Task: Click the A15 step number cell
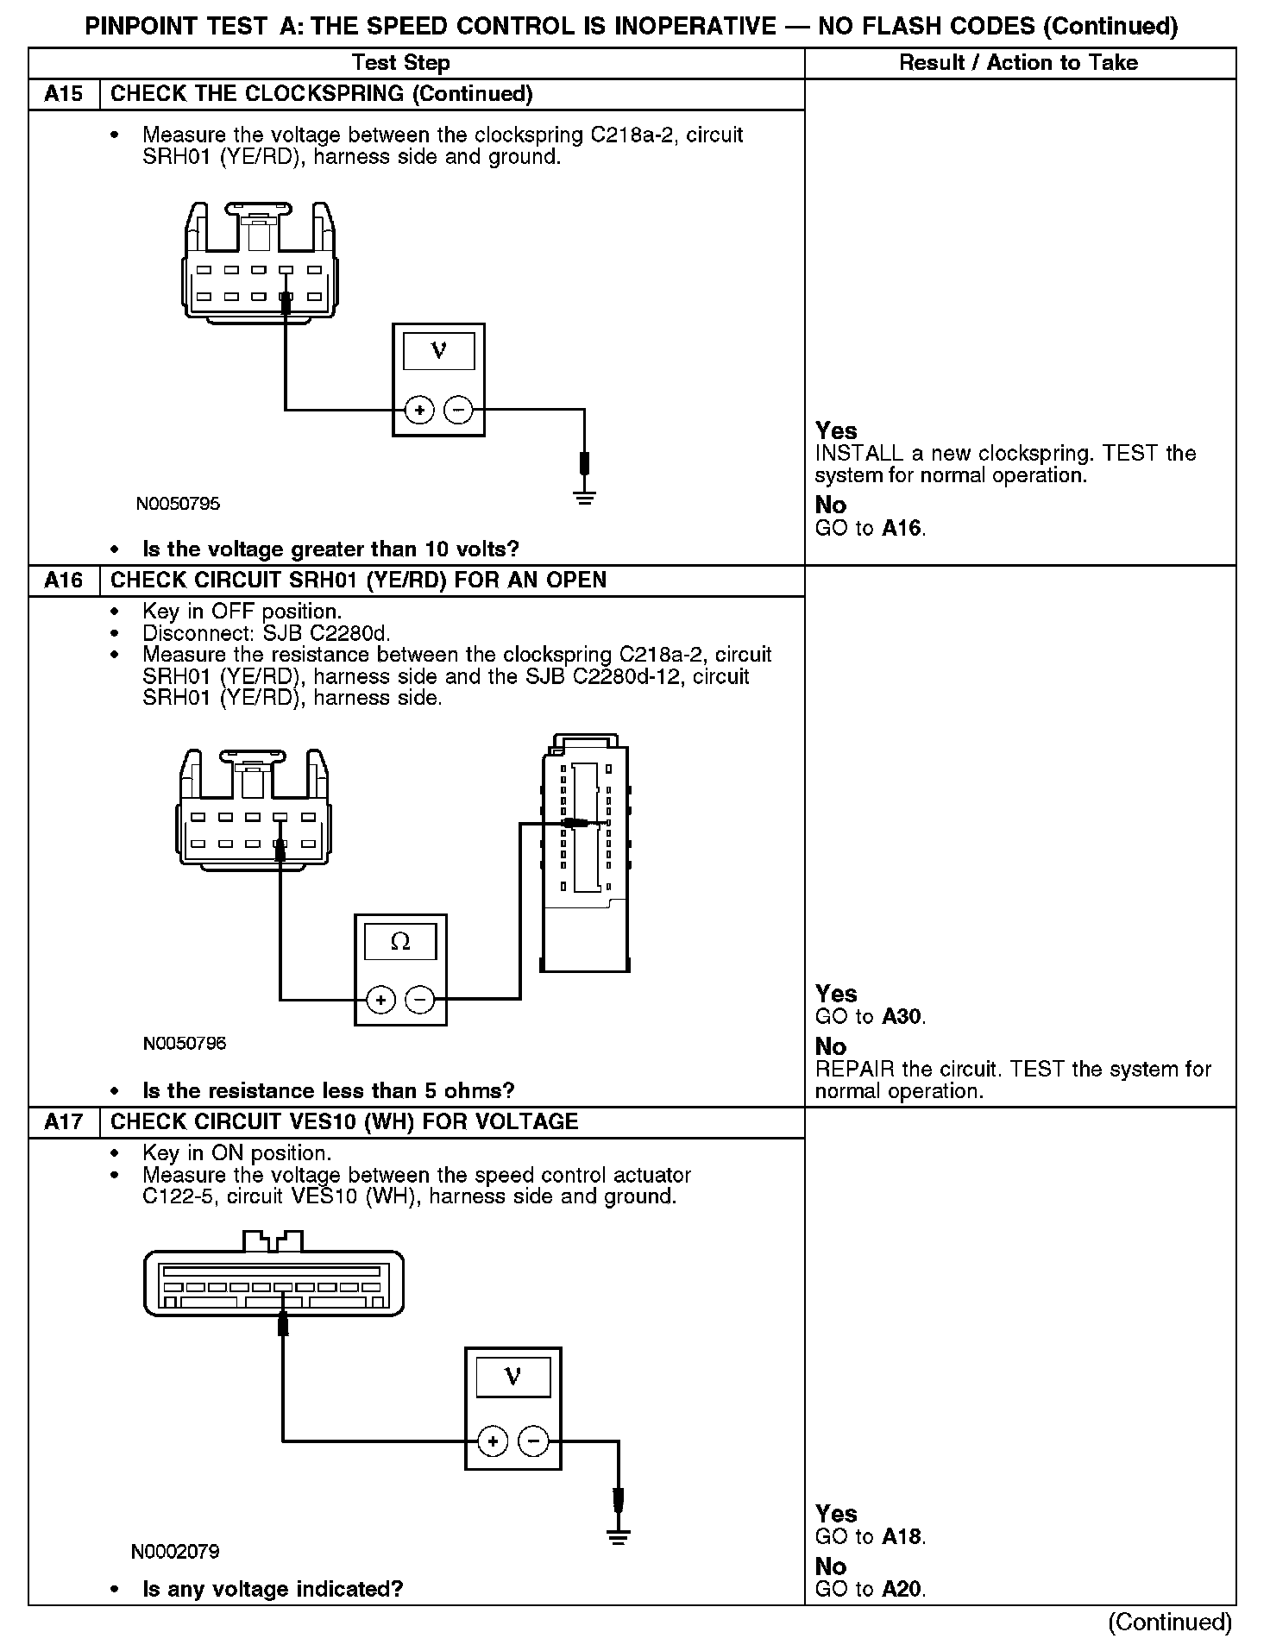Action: tap(64, 94)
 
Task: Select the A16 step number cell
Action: tap(64, 580)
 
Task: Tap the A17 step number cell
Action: tap(64, 1121)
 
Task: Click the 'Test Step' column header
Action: tap(400, 63)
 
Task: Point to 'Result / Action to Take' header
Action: tap(1018, 63)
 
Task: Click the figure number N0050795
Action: tap(178, 504)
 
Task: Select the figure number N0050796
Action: tap(185, 1044)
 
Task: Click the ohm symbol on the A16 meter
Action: tap(400, 942)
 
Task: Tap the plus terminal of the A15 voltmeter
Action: tap(419, 411)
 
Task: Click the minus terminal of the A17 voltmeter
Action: tap(533, 1441)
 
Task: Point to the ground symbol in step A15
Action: tap(584, 496)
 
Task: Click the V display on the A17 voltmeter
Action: tap(512, 1378)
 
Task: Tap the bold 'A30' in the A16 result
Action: tap(902, 1017)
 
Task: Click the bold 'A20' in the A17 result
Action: tap(902, 1589)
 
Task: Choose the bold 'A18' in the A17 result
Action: tap(902, 1536)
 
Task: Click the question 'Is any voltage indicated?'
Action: tap(273, 1589)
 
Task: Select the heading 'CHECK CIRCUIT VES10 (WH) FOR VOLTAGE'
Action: tap(344, 1121)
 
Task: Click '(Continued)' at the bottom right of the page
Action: tap(1169, 1623)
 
